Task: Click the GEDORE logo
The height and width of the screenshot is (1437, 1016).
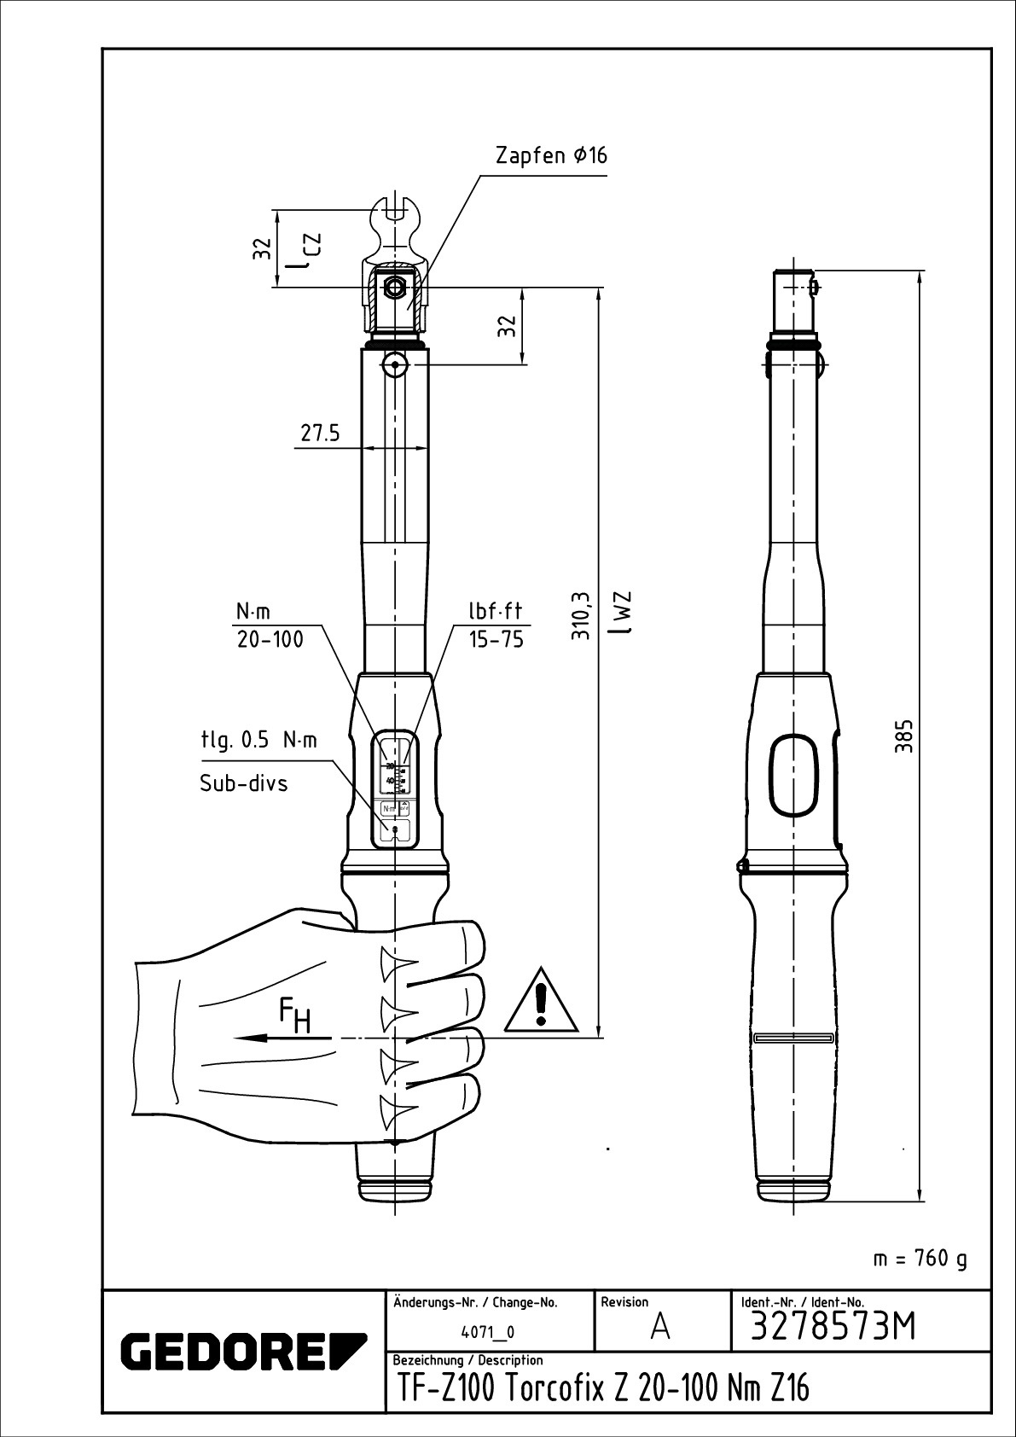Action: [243, 1350]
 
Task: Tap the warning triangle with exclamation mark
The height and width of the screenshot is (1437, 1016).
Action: [542, 1001]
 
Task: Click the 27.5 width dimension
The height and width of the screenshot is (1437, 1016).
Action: [320, 433]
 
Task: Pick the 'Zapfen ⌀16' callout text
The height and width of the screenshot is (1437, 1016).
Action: [551, 156]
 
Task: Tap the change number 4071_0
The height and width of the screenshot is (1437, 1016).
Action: [488, 1331]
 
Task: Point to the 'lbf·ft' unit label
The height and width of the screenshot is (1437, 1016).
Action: [495, 611]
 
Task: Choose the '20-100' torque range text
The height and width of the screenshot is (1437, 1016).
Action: [270, 640]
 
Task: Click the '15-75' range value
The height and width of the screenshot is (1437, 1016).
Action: [496, 640]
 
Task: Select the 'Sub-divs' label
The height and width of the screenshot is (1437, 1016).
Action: [244, 782]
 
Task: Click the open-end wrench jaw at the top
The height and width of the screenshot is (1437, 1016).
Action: [395, 222]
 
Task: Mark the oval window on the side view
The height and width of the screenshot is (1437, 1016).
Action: [795, 777]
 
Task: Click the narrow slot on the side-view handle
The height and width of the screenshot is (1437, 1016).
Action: [794, 1038]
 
